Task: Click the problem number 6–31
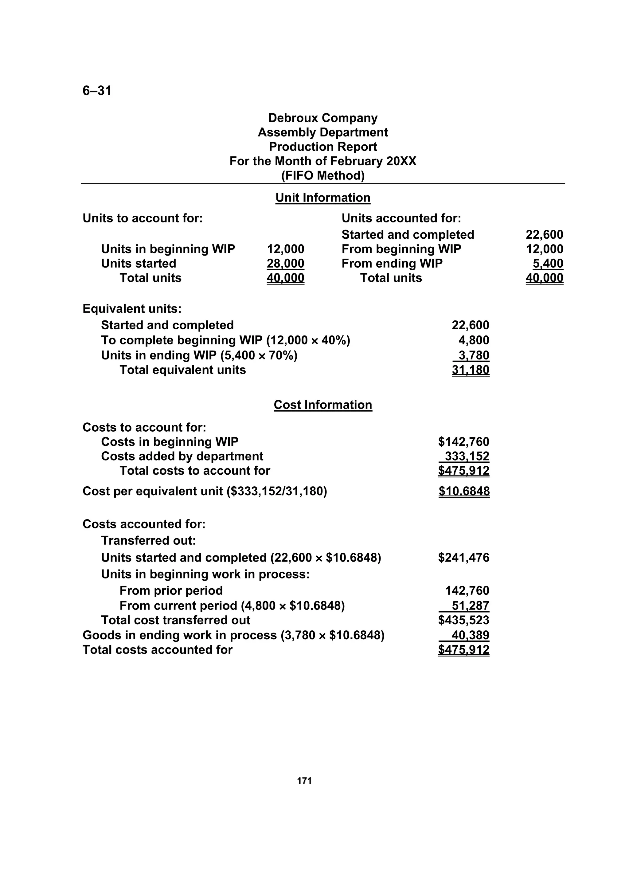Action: (97, 91)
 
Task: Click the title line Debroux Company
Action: (322, 118)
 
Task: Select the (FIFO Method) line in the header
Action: (322, 176)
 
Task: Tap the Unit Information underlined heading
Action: (322, 198)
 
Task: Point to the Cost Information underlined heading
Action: (322, 405)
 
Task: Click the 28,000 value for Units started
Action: (285, 264)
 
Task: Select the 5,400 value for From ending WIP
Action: (548, 264)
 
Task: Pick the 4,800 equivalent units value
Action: (474, 340)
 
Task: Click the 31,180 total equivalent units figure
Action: (470, 370)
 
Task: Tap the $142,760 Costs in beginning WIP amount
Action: (463, 442)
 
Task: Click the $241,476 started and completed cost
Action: (463, 558)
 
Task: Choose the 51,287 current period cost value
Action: (470, 606)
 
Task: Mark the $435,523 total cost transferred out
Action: (463, 620)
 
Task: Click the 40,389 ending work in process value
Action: (470, 635)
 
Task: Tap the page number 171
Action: (304, 781)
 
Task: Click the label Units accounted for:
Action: (401, 218)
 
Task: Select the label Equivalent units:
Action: (132, 309)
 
